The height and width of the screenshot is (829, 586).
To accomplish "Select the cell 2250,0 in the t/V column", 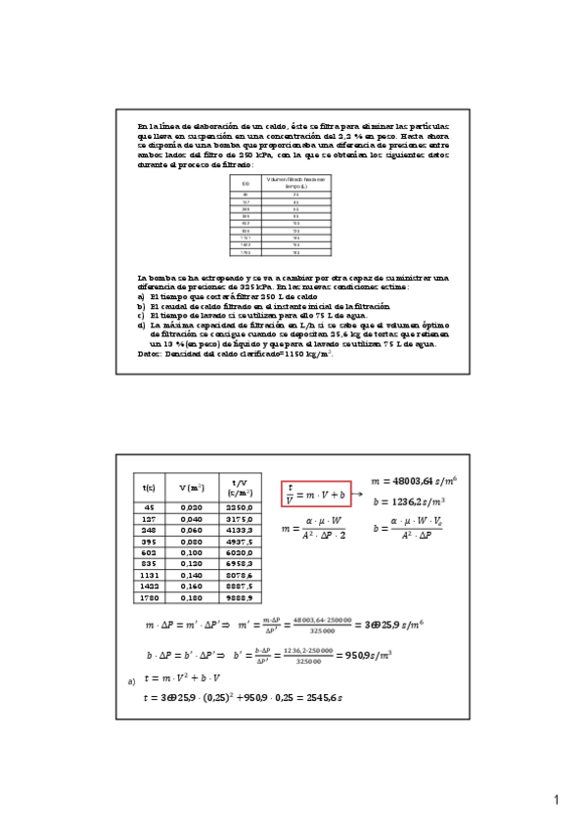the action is (x=242, y=508).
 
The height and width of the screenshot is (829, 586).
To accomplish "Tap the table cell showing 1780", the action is (x=149, y=597).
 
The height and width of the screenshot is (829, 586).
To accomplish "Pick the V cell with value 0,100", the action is (x=195, y=552).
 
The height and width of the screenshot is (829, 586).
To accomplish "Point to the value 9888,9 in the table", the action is (x=242, y=597).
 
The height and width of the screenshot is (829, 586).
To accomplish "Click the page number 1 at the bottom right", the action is (x=556, y=802).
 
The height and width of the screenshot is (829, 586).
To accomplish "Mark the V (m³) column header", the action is (x=195, y=487).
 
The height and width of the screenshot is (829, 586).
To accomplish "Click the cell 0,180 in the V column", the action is (x=195, y=597).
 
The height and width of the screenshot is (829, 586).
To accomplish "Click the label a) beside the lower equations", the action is (x=132, y=680).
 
